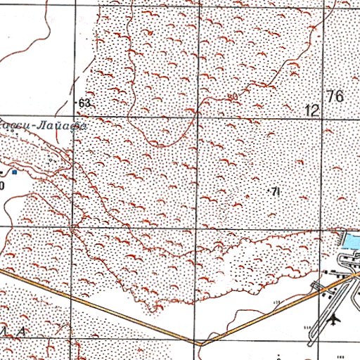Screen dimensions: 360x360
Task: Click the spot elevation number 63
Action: pyautogui.click(x=86, y=103)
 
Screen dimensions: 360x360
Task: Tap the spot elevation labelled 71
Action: pyautogui.click(x=276, y=191)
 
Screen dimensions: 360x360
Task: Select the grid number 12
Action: pyautogui.click(x=312, y=110)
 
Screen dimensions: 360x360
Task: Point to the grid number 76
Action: pyautogui.click(x=335, y=97)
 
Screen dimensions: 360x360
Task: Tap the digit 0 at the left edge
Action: pyautogui.click(x=2, y=185)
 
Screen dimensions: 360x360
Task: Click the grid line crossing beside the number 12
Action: pyautogui.click(x=323, y=117)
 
